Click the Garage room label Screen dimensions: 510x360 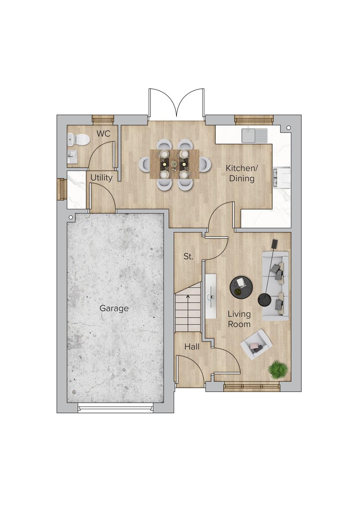pyautogui.click(x=114, y=308)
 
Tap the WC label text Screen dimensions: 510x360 pyautogui.click(x=103, y=134)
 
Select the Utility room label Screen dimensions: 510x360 pyautogui.click(x=101, y=178)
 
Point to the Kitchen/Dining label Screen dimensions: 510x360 pyautogui.click(x=242, y=173)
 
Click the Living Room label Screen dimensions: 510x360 pyautogui.click(x=239, y=319)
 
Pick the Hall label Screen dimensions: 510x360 pyautogui.click(x=192, y=347)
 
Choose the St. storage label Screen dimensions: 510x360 pyautogui.click(x=188, y=257)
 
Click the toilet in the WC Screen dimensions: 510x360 pyautogui.click(x=80, y=139)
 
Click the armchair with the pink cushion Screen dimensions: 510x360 pyautogui.click(x=256, y=344)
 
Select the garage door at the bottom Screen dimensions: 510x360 pyautogui.click(x=116, y=408)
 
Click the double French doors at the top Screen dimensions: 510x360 pyautogui.click(x=176, y=105)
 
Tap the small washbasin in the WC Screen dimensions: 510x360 pyautogui.click(x=72, y=156)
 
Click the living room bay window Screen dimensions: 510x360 pyautogui.click(x=252, y=386)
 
